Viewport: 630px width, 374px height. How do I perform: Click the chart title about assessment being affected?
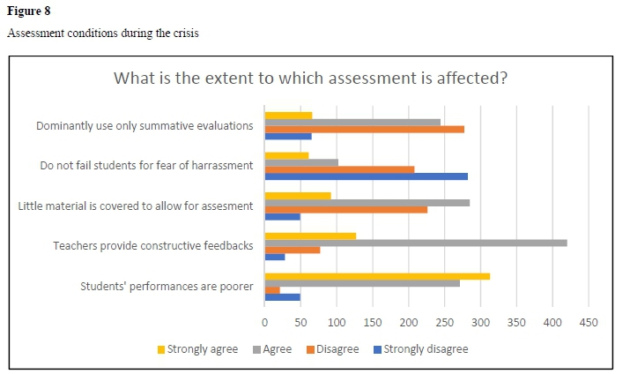tap(310, 78)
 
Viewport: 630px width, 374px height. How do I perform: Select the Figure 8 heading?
tap(27, 11)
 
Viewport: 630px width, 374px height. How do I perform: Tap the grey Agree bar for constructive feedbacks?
tap(415, 243)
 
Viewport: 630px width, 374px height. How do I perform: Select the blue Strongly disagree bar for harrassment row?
tap(366, 176)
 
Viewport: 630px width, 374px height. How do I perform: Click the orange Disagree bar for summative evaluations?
tap(364, 129)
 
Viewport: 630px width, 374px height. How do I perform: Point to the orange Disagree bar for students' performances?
tap(272, 290)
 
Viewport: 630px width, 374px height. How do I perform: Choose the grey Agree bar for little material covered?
tap(367, 203)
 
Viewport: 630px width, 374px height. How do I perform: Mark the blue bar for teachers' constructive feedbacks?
tap(275, 257)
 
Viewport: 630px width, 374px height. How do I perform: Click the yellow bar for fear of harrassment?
tap(286, 155)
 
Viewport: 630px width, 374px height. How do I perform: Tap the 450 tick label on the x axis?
tap(588, 322)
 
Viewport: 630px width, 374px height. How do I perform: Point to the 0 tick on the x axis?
tap(265, 322)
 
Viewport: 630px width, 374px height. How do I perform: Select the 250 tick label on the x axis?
tap(444, 322)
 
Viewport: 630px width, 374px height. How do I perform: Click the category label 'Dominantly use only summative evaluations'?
tap(145, 126)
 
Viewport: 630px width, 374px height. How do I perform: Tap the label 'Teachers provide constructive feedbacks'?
tap(152, 246)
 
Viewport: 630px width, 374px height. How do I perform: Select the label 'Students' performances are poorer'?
tap(167, 286)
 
